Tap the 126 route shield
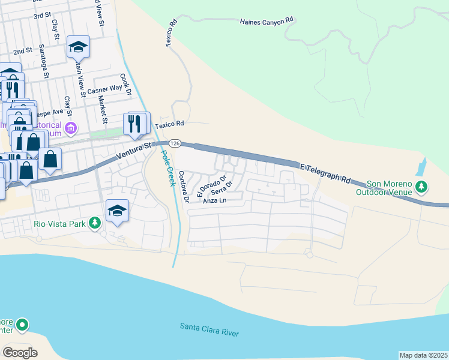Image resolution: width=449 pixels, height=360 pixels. point(175,143)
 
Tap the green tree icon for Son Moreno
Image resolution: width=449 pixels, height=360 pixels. point(422,187)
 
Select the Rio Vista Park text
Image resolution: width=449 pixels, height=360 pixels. point(58,223)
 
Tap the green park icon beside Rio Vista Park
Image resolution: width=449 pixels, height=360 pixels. point(94,223)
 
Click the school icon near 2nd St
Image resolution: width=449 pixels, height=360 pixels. point(78,46)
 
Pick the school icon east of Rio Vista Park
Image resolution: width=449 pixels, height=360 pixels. point(117,211)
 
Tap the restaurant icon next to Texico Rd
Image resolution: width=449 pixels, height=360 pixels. point(134,124)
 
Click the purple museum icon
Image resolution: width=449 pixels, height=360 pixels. point(71,128)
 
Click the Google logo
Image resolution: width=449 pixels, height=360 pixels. point(20,352)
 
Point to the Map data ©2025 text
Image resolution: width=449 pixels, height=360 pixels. point(423,355)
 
